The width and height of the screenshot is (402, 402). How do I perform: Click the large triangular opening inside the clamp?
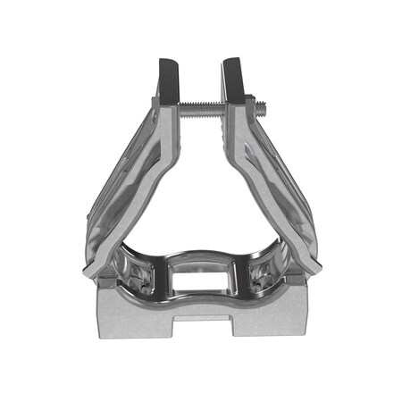click(202, 197)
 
